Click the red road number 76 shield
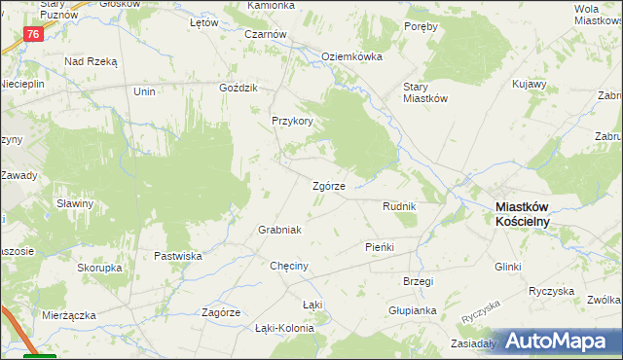34,34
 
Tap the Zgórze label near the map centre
328,186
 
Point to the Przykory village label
292,122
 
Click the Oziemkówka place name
351,56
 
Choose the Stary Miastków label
425,90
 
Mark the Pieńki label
379,247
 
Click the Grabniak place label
279,230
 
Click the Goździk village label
238,88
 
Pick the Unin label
145,90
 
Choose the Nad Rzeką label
91,61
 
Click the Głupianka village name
411,310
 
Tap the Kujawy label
530,85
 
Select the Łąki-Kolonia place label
284,328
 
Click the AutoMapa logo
553,341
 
